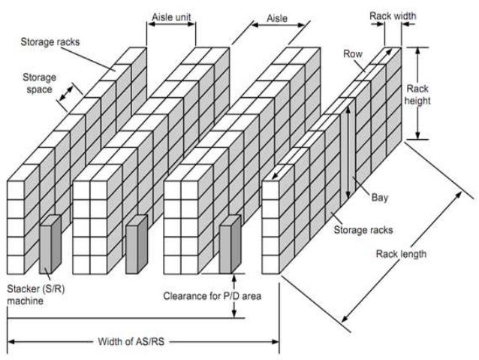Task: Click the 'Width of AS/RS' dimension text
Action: (x=131, y=341)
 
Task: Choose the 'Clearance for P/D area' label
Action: (x=212, y=295)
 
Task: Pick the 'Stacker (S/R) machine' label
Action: (x=27, y=293)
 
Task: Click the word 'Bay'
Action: (x=380, y=198)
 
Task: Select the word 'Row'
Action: (x=353, y=53)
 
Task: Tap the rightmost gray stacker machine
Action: (x=229, y=243)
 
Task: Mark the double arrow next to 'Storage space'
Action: (x=67, y=94)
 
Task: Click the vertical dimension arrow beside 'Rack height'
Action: (x=417, y=94)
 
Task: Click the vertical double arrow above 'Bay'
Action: (x=348, y=150)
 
